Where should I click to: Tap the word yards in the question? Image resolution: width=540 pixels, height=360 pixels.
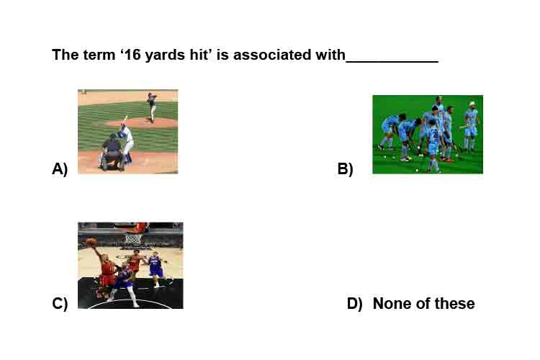tap(161, 55)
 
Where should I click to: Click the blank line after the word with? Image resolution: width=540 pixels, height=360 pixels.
tap(392, 61)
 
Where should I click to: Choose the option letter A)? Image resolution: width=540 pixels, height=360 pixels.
tap(60, 168)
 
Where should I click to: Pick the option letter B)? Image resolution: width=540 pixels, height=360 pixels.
tap(346, 168)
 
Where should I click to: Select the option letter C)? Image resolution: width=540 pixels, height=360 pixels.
tap(60, 304)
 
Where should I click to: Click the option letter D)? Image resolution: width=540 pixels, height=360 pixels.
tap(355, 304)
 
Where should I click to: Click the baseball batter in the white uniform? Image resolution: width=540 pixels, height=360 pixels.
tap(126, 141)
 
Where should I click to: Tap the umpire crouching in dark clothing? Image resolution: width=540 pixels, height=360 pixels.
tap(112, 152)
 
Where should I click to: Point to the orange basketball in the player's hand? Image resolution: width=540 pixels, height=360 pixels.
tap(91, 242)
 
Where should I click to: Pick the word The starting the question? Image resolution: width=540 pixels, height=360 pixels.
tap(66, 55)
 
